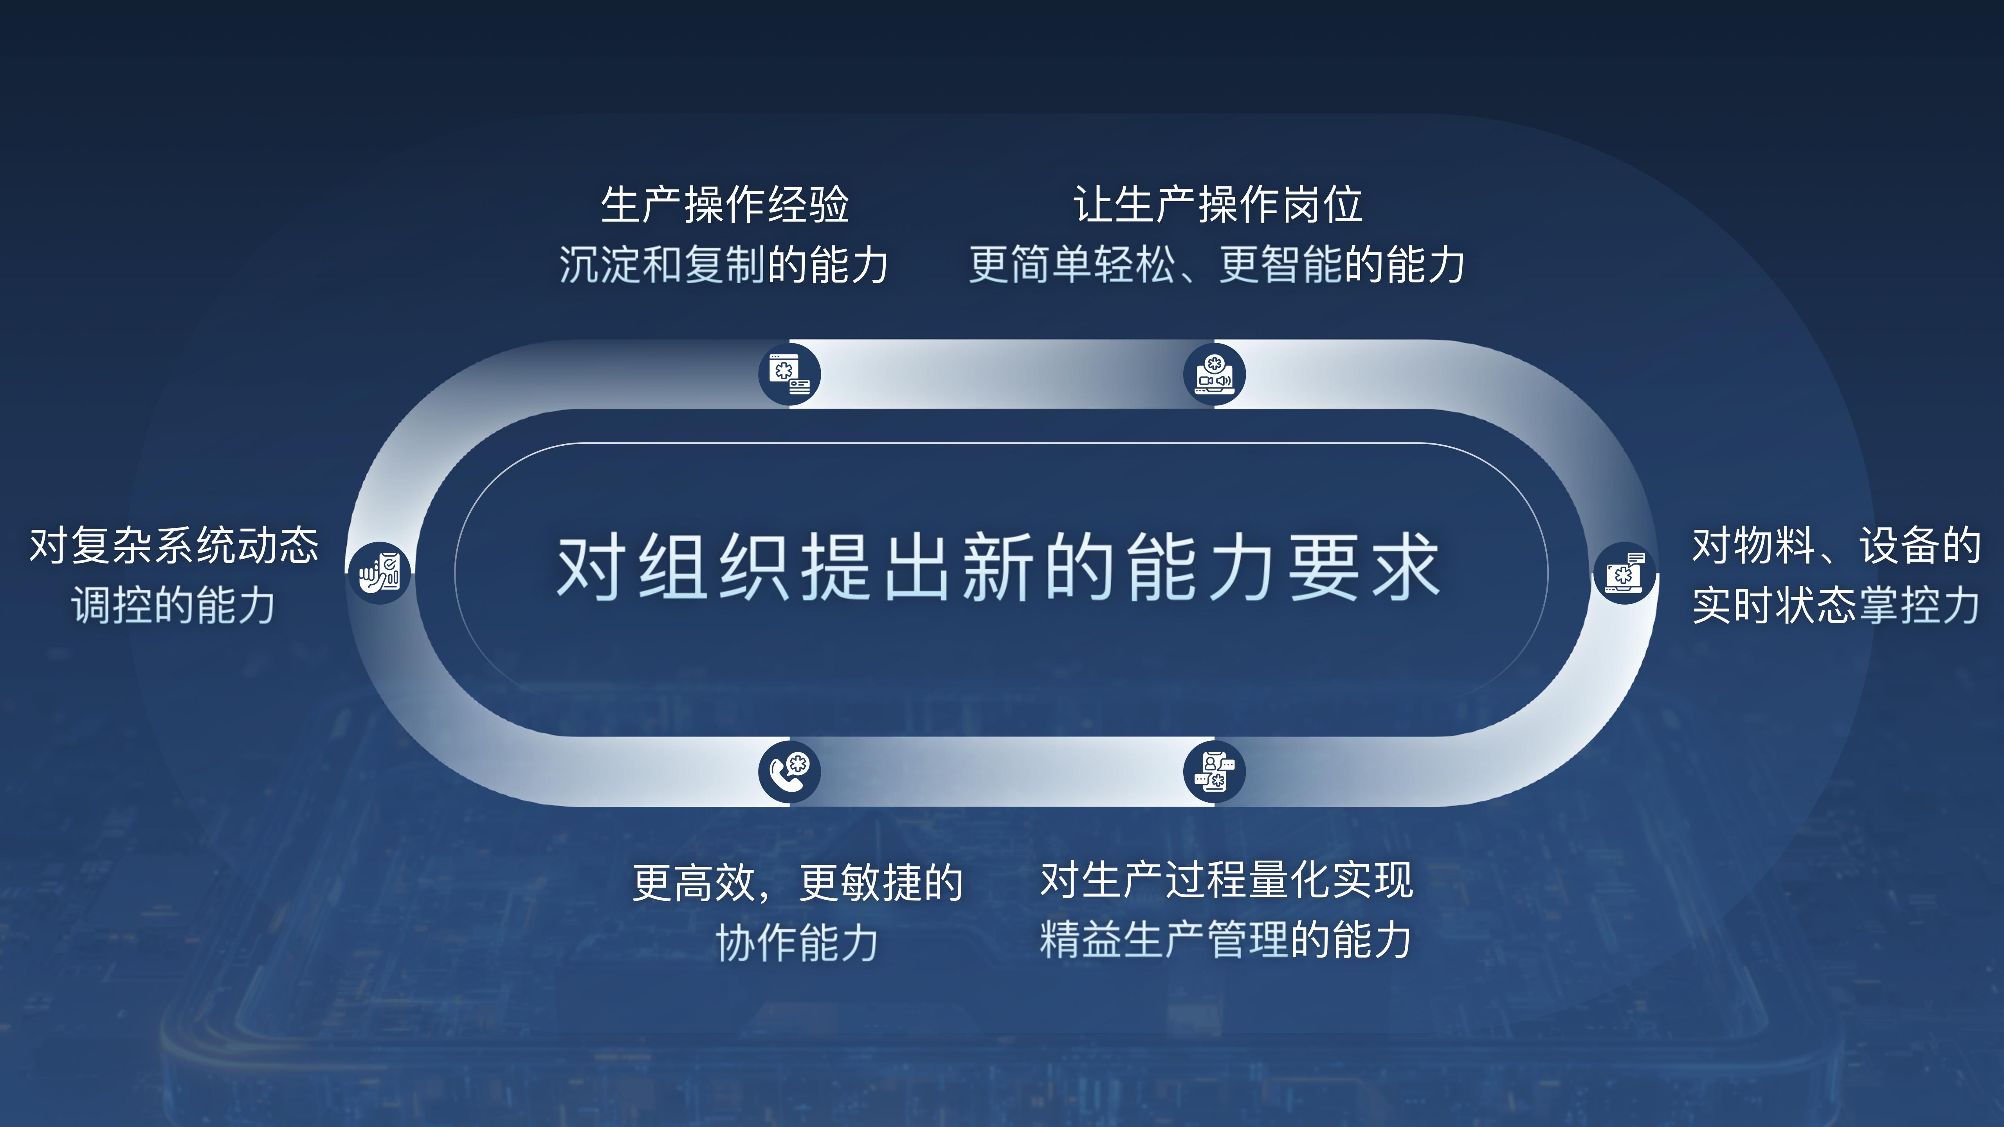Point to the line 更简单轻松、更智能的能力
[x=1218, y=265]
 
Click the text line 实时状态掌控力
[x=1836, y=605]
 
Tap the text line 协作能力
[x=797, y=943]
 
